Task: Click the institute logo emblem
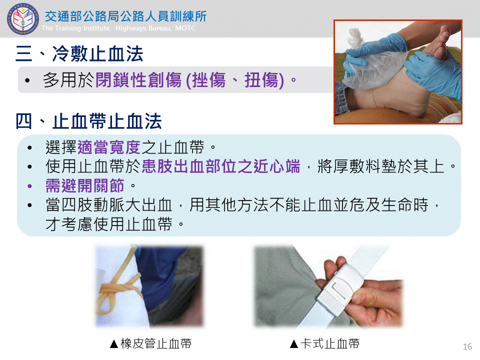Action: pyautogui.click(x=22, y=18)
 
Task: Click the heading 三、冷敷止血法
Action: pyautogui.click(x=79, y=53)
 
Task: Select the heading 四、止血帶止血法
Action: pyautogui.click(x=88, y=121)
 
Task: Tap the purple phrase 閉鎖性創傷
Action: pyautogui.click(x=138, y=80)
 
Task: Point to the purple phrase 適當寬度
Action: pyautogui.click(x=109, y=147)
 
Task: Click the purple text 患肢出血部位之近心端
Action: pyautogui.click(x=221, y=166)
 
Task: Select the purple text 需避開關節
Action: pyautogui.click(x=85, y=185)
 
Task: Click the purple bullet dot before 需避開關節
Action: pyautogui.click(x=29, y=186)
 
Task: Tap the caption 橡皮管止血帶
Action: pyautogui.click(x=156, y=343)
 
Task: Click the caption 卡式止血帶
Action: pyautogui.click(x=330, y=343)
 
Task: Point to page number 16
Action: pyautogui.click(x=467, y=346)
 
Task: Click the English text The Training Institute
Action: pyautogui.click(x=76, y=28)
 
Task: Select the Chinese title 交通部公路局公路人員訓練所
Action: pyautogui.click(x=126, y=16)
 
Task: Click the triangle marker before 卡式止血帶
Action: pyautogui.click(x=294, y=344)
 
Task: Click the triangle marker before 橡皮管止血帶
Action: pyautogui.click(x=114, y=344)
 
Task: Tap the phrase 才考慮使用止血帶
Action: pyautogui.click(x=109, y=224)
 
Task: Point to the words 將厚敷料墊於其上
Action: pyautogui.click(x=381, y=166)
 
